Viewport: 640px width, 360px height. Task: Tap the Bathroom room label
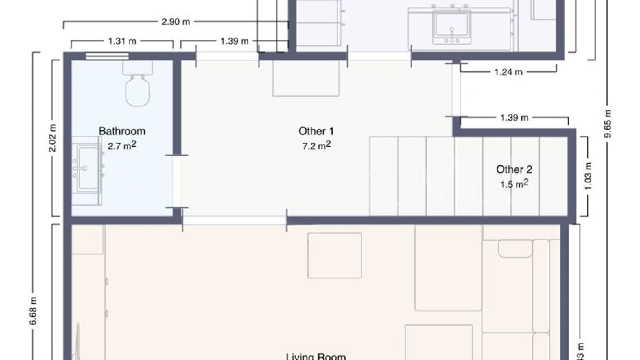tap(122, 131)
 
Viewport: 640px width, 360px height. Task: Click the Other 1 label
tap(316, 131)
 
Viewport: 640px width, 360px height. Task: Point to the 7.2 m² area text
tap(316, 146)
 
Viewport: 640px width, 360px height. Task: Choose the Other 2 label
tap(514, 169)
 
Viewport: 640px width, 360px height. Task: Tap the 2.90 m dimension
tap(176, 22)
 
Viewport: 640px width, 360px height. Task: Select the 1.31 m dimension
tap(122, 41)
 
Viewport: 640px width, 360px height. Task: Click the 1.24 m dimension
tap(508, 72)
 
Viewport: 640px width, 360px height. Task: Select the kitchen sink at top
tap(452, 27)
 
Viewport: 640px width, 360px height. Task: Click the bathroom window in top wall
tap(107, 56)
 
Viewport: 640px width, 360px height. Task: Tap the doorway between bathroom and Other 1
tap(177, 182)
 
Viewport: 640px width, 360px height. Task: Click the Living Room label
tap(315, 356)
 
